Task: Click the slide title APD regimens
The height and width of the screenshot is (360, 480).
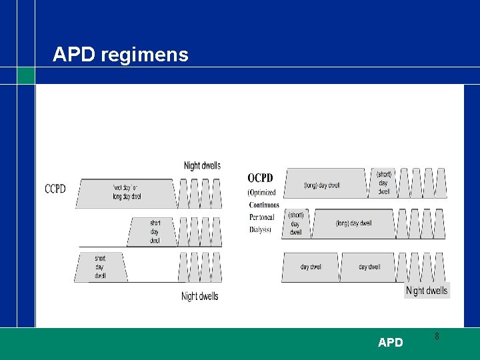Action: (121, 54)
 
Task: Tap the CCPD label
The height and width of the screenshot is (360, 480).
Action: (55, 189)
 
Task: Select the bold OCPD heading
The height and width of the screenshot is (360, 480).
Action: (260, 178)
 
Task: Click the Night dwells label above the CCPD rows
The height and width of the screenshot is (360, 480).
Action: (202, 165)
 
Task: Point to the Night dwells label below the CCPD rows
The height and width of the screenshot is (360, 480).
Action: (200, 296)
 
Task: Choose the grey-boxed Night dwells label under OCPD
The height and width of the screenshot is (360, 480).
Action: (427, 290)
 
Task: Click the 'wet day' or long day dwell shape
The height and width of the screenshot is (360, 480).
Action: (127, 193)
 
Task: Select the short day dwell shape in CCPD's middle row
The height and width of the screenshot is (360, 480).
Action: (154, 231)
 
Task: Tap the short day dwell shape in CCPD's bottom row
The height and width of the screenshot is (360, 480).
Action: (101, 266)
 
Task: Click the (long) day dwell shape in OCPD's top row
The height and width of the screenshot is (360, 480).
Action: (323, 185)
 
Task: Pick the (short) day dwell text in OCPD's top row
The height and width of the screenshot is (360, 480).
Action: (384, 183)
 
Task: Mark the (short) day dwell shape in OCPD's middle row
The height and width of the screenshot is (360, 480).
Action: (296, 223)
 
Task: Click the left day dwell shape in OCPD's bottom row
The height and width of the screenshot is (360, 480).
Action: (310, 267)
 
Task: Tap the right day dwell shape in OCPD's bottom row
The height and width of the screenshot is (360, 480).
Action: (369, 267)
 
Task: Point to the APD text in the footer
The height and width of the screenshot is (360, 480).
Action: (390, 343)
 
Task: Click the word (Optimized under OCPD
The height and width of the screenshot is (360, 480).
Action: (262, 193)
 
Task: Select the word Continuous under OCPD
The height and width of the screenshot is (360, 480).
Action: (264, 205)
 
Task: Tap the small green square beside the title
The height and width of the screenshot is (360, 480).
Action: (25, 75)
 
